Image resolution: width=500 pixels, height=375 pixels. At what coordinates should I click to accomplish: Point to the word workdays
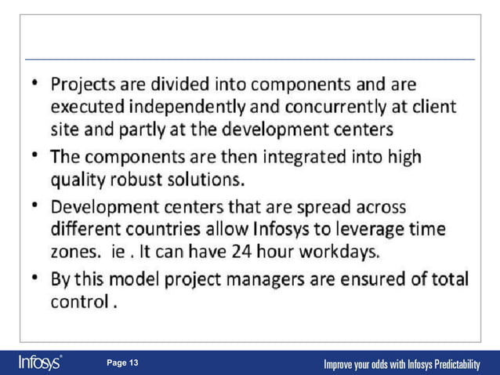point(344,252)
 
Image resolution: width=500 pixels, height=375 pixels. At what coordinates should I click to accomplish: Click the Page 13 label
point(122,362)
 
